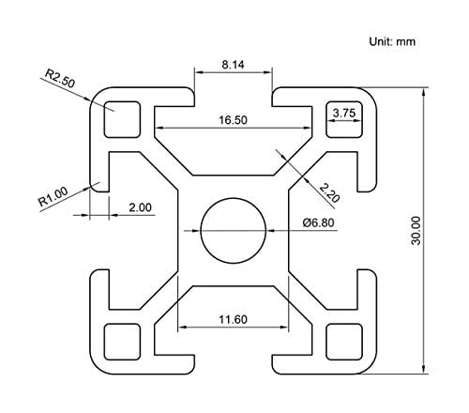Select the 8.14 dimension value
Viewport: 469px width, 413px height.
235,65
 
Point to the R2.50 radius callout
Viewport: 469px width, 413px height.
58,80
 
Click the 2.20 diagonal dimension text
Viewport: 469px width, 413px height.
329,192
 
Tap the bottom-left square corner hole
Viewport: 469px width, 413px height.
122,339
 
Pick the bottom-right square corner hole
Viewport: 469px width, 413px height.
342,339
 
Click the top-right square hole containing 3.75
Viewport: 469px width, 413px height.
343,117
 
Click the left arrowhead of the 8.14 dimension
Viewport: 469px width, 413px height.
198,73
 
